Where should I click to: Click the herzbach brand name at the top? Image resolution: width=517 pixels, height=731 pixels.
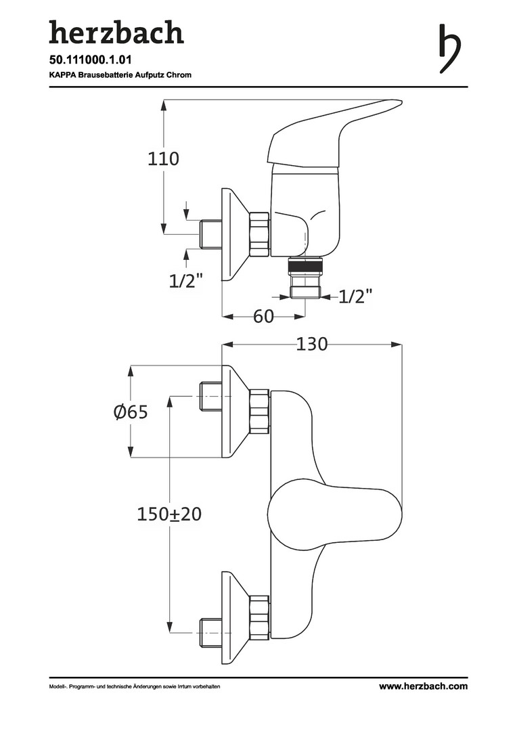click(x=116, y=32)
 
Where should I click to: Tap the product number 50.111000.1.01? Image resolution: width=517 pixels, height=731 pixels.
click(x=91, y=60)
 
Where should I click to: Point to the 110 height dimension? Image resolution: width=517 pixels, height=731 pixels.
click(x=164, y=159)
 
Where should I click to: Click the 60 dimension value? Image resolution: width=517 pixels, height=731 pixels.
click(x=264, y=316)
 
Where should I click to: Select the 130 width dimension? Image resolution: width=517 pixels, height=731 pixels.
click(x=312, y=344)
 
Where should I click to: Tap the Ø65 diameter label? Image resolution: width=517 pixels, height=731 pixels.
click(x=131, y=412)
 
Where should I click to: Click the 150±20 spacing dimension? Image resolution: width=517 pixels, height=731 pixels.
click(x=169, y=514)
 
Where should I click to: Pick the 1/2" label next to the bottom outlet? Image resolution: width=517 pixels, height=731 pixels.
click(x=355, y=296)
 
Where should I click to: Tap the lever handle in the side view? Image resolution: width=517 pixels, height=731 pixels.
click(x=332, y=132)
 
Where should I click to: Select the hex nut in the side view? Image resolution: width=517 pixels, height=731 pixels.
click(x=259, y=234)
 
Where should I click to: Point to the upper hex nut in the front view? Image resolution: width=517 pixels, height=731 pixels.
click(x=260, y=411)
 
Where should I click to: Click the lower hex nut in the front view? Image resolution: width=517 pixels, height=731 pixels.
click(x=260, y=617)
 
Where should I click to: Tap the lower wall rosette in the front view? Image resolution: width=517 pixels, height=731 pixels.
click(x=233, y=617)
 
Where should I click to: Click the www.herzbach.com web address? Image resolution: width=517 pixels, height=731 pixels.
click(x=423, y=686)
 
